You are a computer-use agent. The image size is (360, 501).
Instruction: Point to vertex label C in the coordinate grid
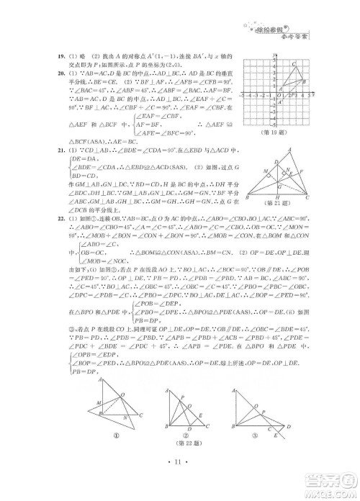[295, 63]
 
